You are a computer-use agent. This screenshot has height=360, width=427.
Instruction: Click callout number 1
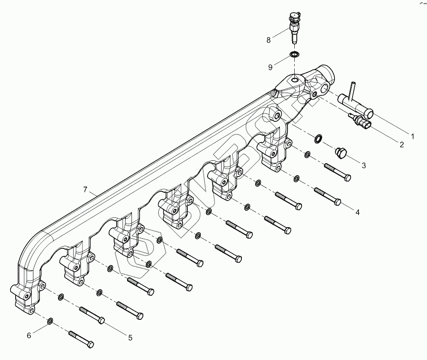pyautogui.click(x=413, y=136)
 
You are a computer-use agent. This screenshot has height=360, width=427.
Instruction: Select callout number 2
pyautogui.click(x=402, y=145)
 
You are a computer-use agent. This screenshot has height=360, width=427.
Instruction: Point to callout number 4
pyautogui.click(x=357, y=212)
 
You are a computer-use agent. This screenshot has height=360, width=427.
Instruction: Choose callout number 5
pyautogui.click(x=130, y=338)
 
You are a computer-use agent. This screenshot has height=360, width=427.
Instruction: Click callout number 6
pyautogui.click(x=29, y=335)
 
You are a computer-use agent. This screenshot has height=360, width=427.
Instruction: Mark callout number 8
pyautogui.click(x=268, y=40)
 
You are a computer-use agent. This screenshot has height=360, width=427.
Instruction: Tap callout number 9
pyautogui.click(x=269, y=67)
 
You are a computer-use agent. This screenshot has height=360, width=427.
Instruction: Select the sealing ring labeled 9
pyautogui.click(x=294, y=54)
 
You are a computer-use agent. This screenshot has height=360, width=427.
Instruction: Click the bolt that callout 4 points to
pyautogui.click(x=327, y=196)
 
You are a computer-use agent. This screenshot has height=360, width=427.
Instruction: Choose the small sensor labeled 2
pyautogui.click(x=361, y=121)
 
